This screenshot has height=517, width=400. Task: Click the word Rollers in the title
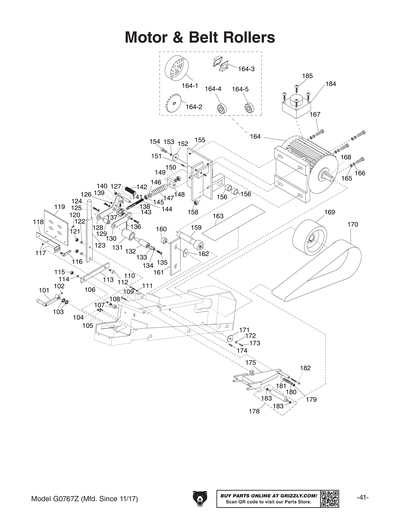click(246, 37)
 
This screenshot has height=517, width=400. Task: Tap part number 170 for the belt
click(351, 225)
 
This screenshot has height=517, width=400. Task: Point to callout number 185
click(307, 76)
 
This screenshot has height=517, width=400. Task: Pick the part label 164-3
click(246, 68)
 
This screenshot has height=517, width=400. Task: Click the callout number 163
click(217, 216)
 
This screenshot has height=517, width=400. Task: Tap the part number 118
click(38, 221)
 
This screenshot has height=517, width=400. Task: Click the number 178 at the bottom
click(254, 412)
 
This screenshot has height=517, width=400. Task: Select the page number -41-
click(363, 497)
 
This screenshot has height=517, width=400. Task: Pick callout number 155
click(199, 140)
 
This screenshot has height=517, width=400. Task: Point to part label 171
click(243, 329)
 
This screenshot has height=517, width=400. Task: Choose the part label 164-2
click(191, 107)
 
